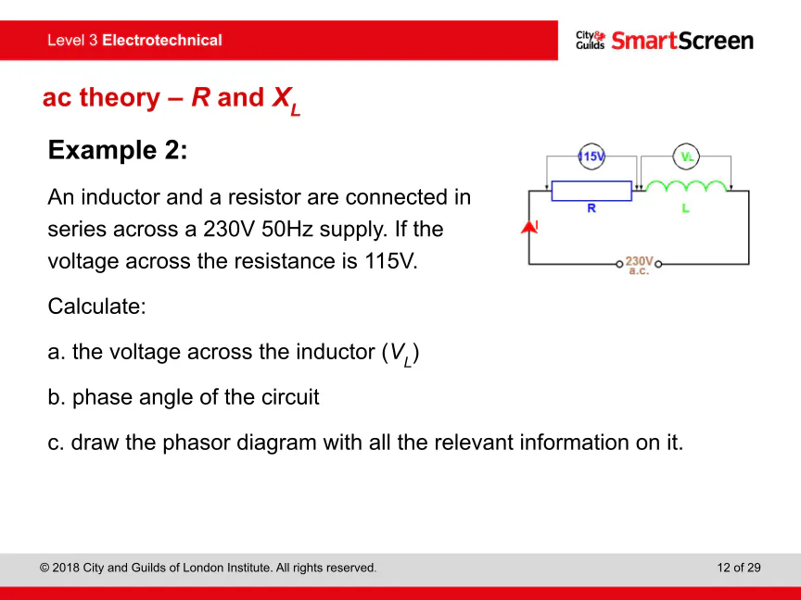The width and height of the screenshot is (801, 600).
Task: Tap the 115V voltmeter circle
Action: [x=591, y=156]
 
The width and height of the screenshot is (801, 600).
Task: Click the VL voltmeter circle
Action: [x=686, y=156]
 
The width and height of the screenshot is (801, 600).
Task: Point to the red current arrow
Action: [x=529, y=227]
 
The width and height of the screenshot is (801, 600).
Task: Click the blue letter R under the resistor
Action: [x=591, y=208]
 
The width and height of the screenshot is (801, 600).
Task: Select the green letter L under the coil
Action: [x=685, y=208]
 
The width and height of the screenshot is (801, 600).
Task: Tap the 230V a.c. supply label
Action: [x=639, y=266]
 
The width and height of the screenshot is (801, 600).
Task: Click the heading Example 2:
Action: [x=118, y=150]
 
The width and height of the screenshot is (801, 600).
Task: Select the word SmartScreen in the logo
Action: [x=682, y=41]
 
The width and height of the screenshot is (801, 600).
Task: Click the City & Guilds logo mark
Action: [x=591, y=41]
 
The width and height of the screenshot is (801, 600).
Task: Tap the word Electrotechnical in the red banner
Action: [x=162, y=41]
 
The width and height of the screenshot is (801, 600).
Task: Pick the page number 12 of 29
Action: [x=739, y=568]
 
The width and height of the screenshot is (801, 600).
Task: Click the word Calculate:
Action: [x=97, y=306]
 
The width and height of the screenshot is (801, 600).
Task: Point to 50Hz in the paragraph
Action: [x=287, y=229]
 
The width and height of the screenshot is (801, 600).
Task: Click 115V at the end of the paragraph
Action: [x=391, y=261]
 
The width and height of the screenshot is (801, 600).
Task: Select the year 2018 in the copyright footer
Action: [x=66, y=568]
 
